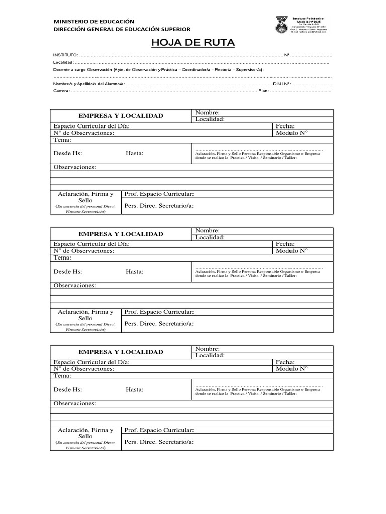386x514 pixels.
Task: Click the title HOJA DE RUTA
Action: point(193,43)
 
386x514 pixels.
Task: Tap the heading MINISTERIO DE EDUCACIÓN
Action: point(94,21)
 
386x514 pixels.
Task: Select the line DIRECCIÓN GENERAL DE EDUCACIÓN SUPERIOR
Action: point(122,29)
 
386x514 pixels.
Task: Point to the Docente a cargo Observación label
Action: point(82,69)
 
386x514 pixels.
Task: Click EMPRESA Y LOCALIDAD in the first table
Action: point(121,116)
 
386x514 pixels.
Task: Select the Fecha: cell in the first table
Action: point(285,126)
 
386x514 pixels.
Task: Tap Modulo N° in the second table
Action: point(292,250)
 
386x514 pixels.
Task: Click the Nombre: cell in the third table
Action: point(207,349)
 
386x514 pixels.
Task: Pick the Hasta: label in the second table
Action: point(134,271)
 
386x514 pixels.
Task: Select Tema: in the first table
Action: point(62,140)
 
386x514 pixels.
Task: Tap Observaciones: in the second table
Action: point(74,285)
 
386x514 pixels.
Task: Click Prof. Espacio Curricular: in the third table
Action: point(159,430)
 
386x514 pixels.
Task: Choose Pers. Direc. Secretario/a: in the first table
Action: point(159,205)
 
